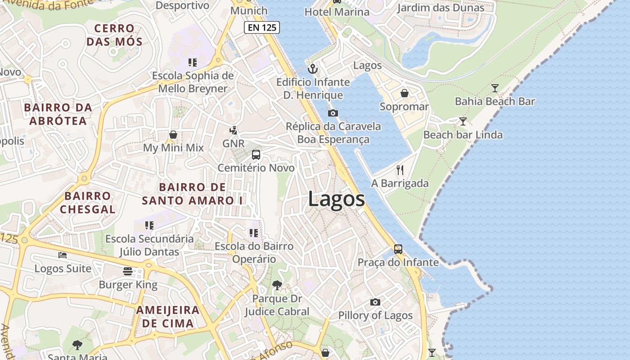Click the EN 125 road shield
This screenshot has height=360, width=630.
262,27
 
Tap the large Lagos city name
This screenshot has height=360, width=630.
336,199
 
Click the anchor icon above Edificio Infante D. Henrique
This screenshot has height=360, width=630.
312,69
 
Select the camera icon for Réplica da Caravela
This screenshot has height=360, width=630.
333,113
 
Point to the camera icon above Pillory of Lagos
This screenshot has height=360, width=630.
375,302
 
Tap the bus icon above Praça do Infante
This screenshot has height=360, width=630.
398,249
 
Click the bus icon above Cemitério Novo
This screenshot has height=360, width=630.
256,155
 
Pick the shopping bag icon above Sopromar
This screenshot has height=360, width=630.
405,93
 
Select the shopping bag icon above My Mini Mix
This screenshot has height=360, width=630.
173,135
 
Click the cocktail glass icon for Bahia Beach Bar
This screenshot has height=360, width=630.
495,88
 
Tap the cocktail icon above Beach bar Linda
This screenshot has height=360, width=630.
463,121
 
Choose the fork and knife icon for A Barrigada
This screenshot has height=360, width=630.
400,170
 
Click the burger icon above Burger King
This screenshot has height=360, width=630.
128,271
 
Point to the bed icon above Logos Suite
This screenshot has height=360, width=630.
63,255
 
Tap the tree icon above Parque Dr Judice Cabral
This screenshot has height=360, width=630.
277,285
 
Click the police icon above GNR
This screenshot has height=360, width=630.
233,130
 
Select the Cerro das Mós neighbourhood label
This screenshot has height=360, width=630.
114,36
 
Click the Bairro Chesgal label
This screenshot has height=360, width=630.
87,202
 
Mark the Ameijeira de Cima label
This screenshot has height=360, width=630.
168,316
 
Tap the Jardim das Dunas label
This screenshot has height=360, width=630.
441,8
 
